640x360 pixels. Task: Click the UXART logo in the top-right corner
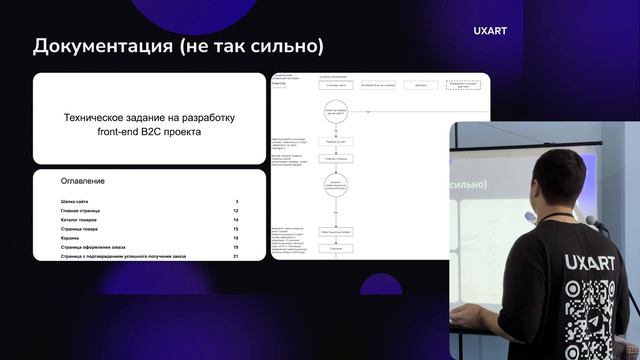pyautogui.click(x=490, y=31)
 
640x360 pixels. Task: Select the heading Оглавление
pyautogui.click(x=83, y=181)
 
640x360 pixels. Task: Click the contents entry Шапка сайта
pyautogui.click(x=81, y=202)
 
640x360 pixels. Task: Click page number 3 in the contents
pyautogui.click(x=236, y=202)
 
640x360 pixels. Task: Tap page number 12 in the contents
pyautogui.click(x=235, y=211)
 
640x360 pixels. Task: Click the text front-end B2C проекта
pyautogui.click(x=149, y=132)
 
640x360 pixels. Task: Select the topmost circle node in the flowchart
pyautogui.click(x=335, y=112)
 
